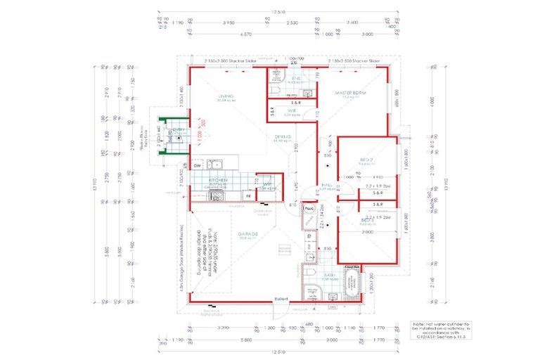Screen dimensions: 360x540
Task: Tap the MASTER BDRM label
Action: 355,94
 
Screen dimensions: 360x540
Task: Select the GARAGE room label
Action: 229,234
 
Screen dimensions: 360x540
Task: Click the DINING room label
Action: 283,137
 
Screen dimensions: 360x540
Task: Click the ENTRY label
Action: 181,131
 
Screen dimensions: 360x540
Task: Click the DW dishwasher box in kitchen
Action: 197,166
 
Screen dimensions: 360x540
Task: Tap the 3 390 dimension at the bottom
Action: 224,328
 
